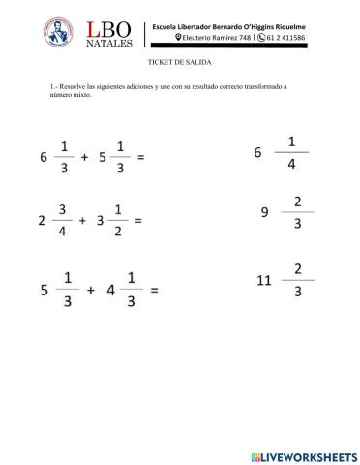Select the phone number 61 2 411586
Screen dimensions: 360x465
click(280, 37)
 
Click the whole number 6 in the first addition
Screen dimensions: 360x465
click(45, 157)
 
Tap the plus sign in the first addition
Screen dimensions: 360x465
click(86, 157)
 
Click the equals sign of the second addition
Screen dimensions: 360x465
click(137, 221)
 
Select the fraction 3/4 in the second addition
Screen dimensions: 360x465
click(61, 220)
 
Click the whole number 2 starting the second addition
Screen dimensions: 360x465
click(41, 221)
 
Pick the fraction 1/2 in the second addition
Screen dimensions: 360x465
click(116, 220)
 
